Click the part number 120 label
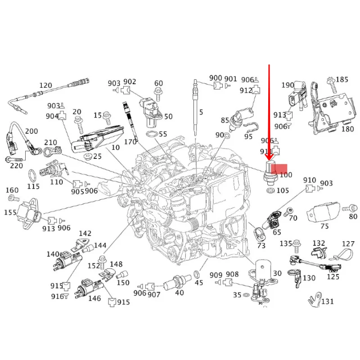(x=46, y=85)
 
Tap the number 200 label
(x=31, y=131)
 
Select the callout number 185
(x=342, y=80)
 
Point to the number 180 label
(x=348, y=129)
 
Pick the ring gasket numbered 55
(x=151, y=134)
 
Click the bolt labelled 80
(x=347, y=208)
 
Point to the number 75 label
(x=325, y=226)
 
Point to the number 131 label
(x=327, y=301)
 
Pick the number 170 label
(x=130, y=142)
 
